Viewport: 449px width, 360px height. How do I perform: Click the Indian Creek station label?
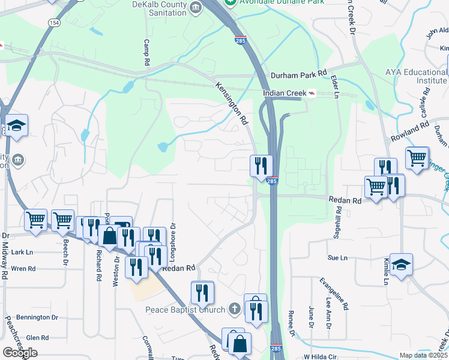pyautogui.click(x=284, y=94)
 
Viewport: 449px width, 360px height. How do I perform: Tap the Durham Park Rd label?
pyautogui.click(x=298, y=75)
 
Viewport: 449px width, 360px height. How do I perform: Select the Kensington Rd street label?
pyautogui.click(x=232, y=103)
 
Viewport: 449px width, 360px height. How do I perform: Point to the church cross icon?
pyautogui.click(x=235, y=310)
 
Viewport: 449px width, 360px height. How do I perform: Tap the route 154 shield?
pyautogui.click(x=55, y=22)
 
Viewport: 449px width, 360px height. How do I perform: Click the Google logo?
pyautogui.click(x=20, y=353)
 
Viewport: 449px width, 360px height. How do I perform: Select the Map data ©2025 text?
pyautogui.click(x=423, y=355)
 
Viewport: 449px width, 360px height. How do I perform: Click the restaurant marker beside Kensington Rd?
pyautogui.click(x=261, y=165)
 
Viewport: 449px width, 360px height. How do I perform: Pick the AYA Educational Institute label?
pyautogui.click(x=417, y=76)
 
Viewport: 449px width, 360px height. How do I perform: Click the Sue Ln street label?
pyautogui.click(x=337, y=258)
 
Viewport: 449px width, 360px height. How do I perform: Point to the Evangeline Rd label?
pyautogui.click(x=333, y=293)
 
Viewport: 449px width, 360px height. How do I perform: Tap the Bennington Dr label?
pyautogui.click(x=37, y=317)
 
